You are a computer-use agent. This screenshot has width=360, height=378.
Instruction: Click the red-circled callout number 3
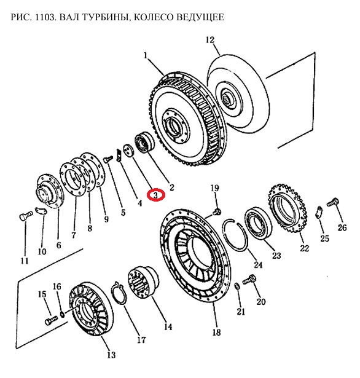coord(156,195)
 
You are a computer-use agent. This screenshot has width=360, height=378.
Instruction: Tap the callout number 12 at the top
coord(210,40)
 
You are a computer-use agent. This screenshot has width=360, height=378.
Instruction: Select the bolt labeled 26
coord(333,202)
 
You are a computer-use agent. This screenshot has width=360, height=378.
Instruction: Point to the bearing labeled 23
coord(258,222)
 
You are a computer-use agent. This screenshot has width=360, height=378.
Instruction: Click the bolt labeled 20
coord(249,280)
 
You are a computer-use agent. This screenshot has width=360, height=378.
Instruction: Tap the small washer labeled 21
coord(237,286)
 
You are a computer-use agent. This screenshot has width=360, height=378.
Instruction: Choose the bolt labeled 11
coord(26,215)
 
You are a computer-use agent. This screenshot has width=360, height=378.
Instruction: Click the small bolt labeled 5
coord(108,159)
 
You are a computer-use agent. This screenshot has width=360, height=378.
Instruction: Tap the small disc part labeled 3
coord(128,151)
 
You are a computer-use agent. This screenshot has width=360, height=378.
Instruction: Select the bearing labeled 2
coord(144,142)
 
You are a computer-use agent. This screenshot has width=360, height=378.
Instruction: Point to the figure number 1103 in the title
coord(45,17)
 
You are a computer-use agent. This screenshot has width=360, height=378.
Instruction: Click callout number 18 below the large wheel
coord(216,332)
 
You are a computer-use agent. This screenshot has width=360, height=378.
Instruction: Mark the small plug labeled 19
coord(217,211)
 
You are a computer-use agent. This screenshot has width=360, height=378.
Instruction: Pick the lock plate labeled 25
coord(319,212)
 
